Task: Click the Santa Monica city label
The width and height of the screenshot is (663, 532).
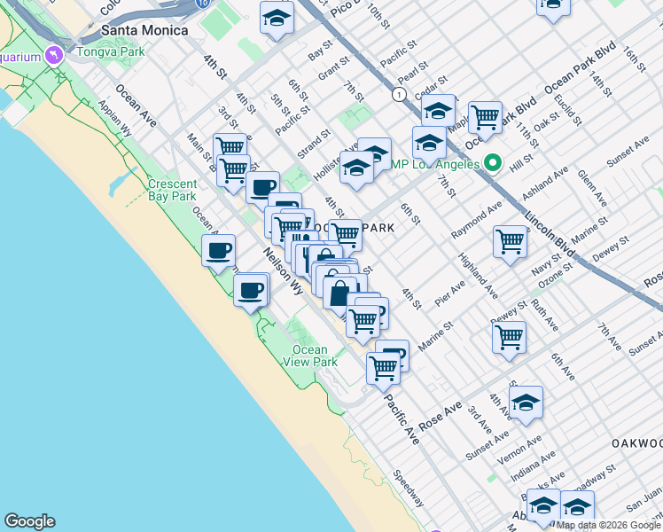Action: pyautogui.click(x=144, y=30)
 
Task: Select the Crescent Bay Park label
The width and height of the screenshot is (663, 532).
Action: pyautogui.click(x=172, y=190)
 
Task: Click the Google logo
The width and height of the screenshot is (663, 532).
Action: pyautogui.click(x=29, y=521)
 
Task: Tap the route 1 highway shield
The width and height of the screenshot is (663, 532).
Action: pyautogui.click(x=400, y=93)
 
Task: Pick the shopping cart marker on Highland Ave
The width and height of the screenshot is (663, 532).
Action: pyautogui.click(x=510, y=241)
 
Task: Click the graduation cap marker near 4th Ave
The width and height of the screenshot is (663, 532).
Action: pyautogui.click(x=526, y=402)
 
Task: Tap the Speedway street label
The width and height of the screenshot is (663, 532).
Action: pyautogui.click(x=409, y=489)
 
